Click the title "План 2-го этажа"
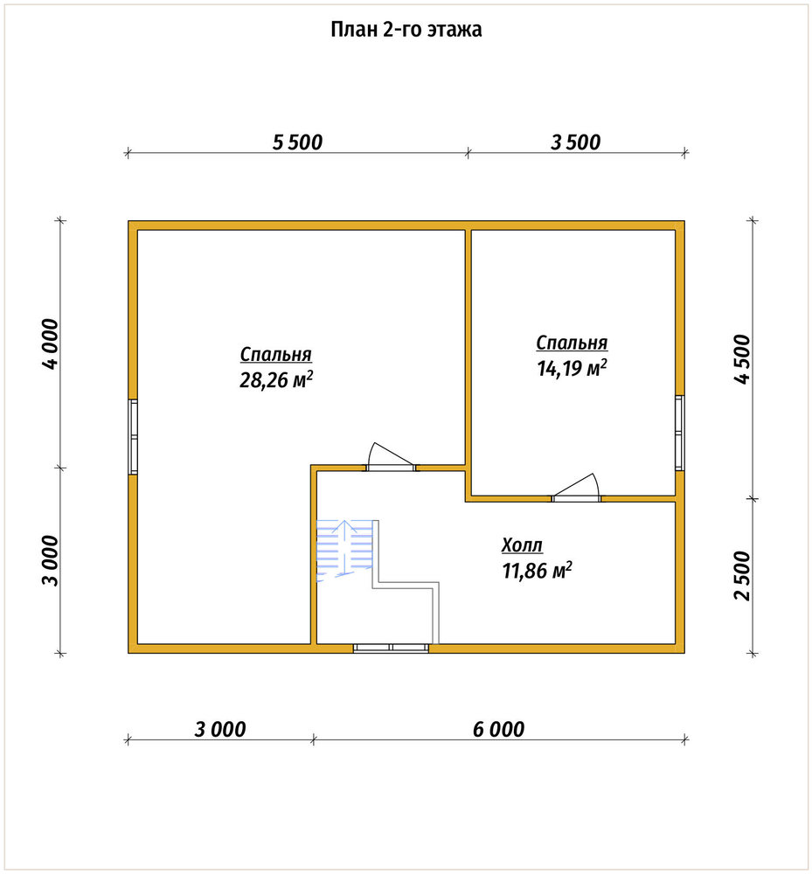[x=406, y=29]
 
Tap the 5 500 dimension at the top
[x=297, y=142]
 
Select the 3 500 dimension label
[x=576, y=142]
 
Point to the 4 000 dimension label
[x=50, y=343]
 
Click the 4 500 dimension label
[x=742, y=359]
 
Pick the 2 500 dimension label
[x=742, y=575]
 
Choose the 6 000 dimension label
[x=499, y=729]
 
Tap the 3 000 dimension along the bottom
[x=220, y=729]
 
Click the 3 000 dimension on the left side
[x=50, y=560]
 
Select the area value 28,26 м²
[x=276, y=379]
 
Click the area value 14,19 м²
[x=572, y=368]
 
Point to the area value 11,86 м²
[x=538, y=570]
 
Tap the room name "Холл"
[x=522, y=545]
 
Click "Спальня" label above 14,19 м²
[x=572, y=343]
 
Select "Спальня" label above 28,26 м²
[x=276, y=354]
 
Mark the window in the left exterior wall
[x=133, y=436]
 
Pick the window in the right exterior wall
[x=679, y=433]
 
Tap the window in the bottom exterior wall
[x=392, y=648]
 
